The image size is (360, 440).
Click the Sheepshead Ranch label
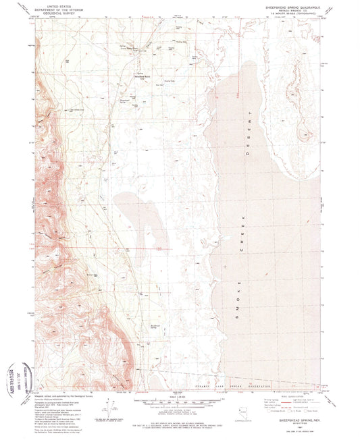[x=144, y=76]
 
